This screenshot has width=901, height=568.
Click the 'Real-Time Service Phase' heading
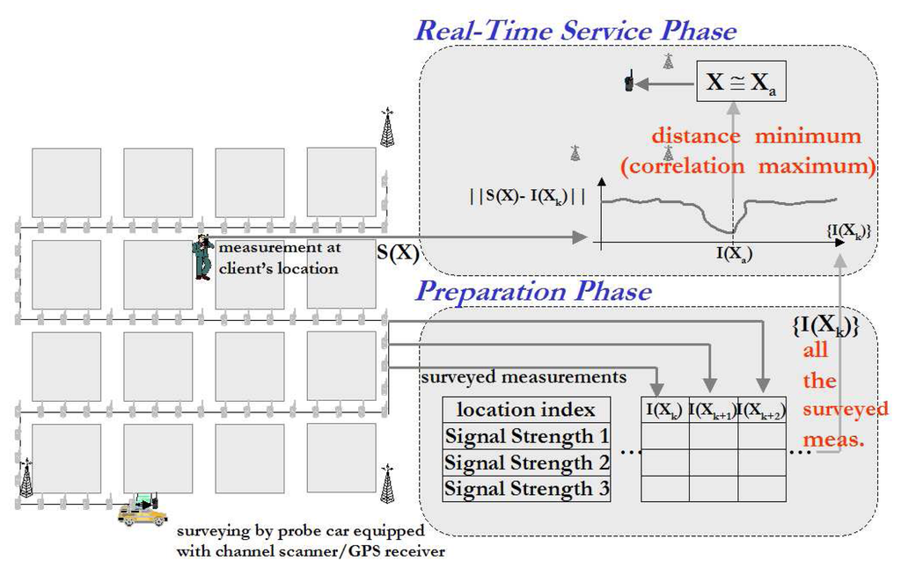coord(575,31)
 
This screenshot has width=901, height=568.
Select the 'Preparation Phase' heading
coord(533,290)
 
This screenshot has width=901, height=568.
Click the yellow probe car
coord(143,511)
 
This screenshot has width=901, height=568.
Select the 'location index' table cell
coord(526,410)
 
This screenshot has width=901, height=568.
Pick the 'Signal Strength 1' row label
coord(526,436)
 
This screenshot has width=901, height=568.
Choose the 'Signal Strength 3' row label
coord(526,488)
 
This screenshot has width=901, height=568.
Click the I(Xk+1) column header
coord(713,409)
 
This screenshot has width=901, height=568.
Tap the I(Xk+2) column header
coord(761,409)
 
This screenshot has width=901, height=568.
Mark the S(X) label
coord(398,252)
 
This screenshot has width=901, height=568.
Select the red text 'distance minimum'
coord(756,137)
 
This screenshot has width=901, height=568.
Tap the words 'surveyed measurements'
coord(524,377)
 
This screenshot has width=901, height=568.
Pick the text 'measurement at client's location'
coord(277,259)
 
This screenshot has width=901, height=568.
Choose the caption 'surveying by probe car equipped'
coord(300,533)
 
